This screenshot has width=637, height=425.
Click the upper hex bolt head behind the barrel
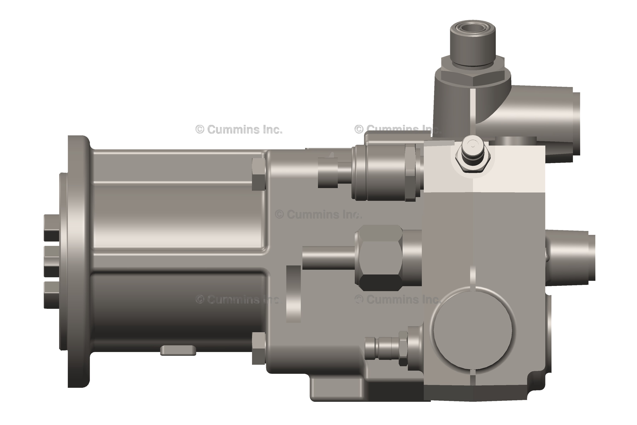coord(259,174)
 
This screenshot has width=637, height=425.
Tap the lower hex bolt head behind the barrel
coord(259,348)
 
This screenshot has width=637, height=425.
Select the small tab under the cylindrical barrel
coord(178,350)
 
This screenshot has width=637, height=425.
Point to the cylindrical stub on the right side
coord(569,258)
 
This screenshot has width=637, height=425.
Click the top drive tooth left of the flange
coord(51,228)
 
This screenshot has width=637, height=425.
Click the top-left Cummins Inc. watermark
coord(239,130)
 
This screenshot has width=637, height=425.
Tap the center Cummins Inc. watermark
coord(318,215)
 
